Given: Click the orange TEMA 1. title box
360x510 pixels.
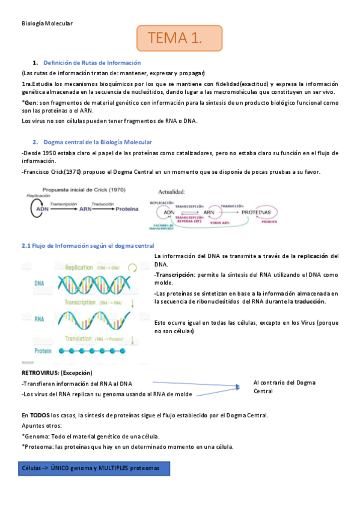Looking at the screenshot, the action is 179,38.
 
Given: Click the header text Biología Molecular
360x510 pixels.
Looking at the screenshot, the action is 47,23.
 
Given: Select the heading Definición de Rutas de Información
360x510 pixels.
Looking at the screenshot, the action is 93,63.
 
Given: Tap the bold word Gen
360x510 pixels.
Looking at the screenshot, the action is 31,103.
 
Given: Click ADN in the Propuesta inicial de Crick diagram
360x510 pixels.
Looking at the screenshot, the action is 40,210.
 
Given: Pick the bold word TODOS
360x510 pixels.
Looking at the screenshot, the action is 40,415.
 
